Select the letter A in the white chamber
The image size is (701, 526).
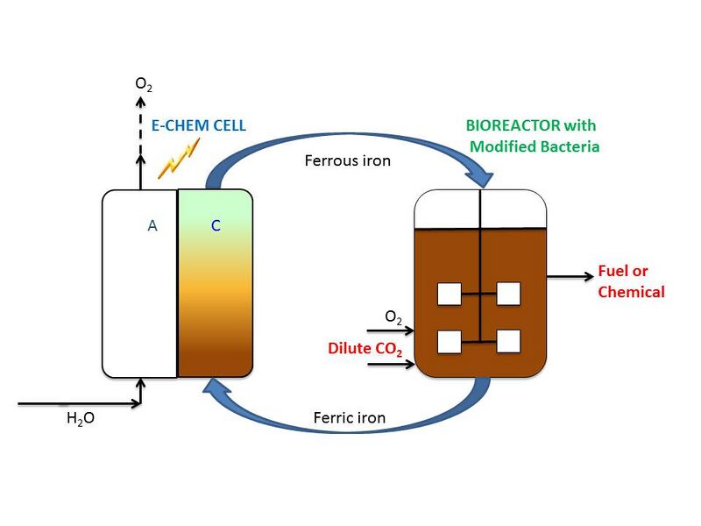click(x=152, y=225)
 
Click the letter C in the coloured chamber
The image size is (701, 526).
click(x=216, y=225)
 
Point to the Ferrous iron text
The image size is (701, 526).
click(x=347, y=160)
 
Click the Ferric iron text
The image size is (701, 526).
click(x=349, y=417)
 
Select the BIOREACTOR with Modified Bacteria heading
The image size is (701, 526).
click(x=533, y=136)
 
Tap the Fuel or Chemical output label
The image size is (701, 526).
click(x=631, y=281)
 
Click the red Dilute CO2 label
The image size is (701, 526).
click(x=365, y=348)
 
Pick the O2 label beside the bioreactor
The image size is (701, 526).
click(x=394, y=316)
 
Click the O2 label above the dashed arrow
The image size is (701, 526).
click(x=143, y=84)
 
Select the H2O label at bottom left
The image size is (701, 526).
click(x=81, y=418)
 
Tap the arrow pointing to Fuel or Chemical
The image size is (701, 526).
click(x=570, y=276)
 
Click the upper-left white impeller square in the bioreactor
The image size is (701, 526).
click(x=450, y=294)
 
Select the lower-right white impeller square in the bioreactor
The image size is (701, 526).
click(x=508, y=341)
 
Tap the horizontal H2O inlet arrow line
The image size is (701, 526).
click(x=79, y=404)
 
